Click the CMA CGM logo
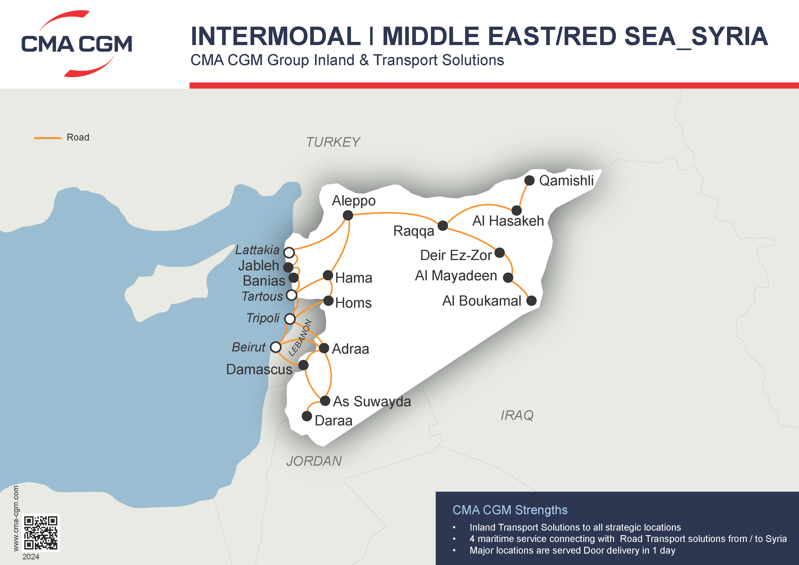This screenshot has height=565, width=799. click(x=77, y=43)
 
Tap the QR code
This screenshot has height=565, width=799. click(x=41, y=532)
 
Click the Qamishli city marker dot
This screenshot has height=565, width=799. click(x=529, y=181)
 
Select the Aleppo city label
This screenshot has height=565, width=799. click(x=353, y=201)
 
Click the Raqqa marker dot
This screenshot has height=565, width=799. click(x=443, y=225)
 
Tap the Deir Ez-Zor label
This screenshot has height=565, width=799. click(x=456, y=255)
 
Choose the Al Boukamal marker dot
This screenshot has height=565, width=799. click(x=531, y=301)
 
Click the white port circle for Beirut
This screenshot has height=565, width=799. click(x=276, y=347)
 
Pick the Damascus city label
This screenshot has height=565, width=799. click(x=259, y=369)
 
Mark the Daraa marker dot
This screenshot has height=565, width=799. click(x=307, y=416)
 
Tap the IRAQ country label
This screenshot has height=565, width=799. click(x=517, y=415)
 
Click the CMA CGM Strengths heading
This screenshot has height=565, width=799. click(x=510, y=510)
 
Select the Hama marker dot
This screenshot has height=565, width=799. click(x=328, y=275)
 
